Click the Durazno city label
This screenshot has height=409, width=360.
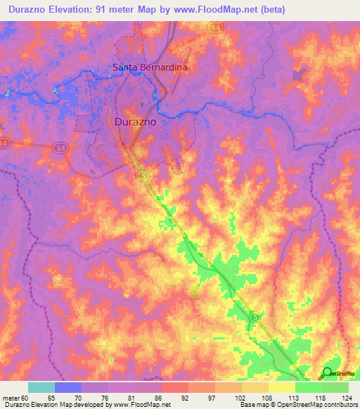tap(135, 121)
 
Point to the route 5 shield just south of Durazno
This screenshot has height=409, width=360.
tap(143, 175)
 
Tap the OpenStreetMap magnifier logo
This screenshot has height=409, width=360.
tap(326, 373)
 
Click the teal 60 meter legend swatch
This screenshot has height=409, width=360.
tap(41, 387)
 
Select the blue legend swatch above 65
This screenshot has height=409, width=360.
tap(68, 387)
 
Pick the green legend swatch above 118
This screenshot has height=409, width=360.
tap(309, 387)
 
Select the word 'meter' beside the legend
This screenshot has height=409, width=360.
tap(12, 397)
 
